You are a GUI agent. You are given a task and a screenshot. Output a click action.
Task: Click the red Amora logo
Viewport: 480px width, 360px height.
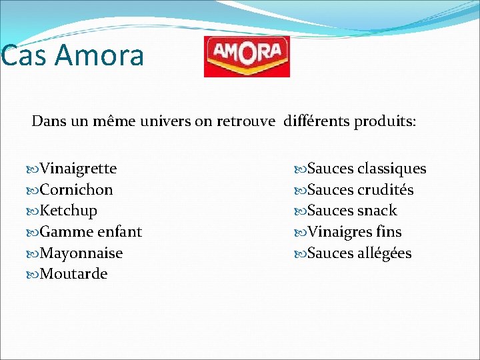coord(247,56)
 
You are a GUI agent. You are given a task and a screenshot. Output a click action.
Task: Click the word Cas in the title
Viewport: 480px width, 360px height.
coord(24,55)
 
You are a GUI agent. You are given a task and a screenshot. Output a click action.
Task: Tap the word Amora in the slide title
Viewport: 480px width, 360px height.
coord(99,55)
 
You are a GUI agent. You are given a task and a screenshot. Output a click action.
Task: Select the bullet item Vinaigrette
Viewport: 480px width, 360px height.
coord(78,169)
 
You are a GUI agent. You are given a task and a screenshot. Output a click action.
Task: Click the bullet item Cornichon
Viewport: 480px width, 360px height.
coord(76,190)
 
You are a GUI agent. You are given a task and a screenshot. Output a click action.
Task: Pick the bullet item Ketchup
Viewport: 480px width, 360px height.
coord(68,211)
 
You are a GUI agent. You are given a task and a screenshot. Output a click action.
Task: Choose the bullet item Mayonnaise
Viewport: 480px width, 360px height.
coord(81,253)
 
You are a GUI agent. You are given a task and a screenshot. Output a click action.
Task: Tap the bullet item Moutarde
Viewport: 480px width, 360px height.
coord(73,274)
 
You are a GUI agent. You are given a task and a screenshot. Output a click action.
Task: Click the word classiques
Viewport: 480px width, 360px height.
coord(391,169)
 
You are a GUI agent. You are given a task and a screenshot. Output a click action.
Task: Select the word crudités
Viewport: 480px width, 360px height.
coord(385,190)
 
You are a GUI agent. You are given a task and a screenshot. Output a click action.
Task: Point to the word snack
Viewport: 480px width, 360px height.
coord(377,211)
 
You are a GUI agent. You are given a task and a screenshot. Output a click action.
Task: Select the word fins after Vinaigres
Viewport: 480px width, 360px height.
coord(389,232)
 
